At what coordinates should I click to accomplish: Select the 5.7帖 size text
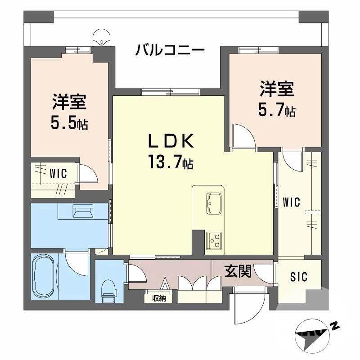click(x=277, y=110)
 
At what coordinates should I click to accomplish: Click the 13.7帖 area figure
click(x=171, y=162)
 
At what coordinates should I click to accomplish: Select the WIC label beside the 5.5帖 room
click(x=58, y=174)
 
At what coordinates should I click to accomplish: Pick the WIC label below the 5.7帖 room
click(x=291, y=202)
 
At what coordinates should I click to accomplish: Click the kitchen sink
click(x=213, y=204)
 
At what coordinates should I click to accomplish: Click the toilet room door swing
click(x=134, y=273)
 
